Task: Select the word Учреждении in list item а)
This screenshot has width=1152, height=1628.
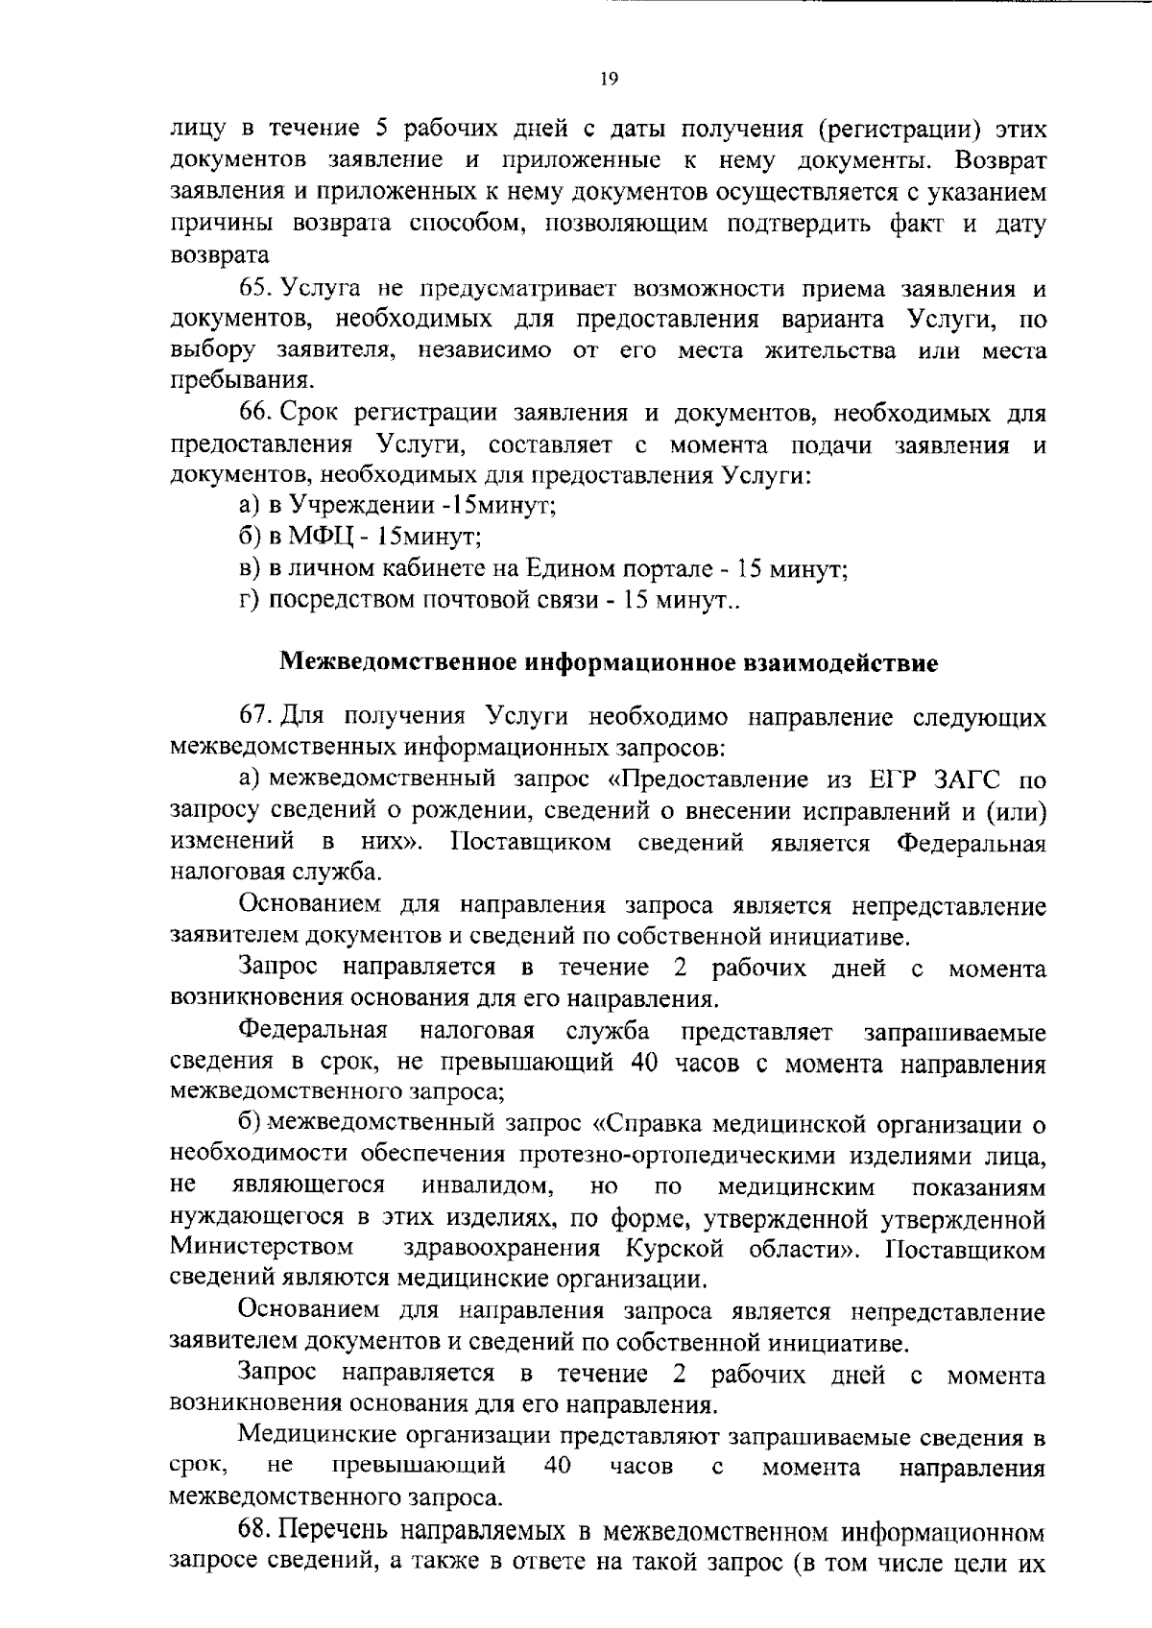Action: coord(359,506)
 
